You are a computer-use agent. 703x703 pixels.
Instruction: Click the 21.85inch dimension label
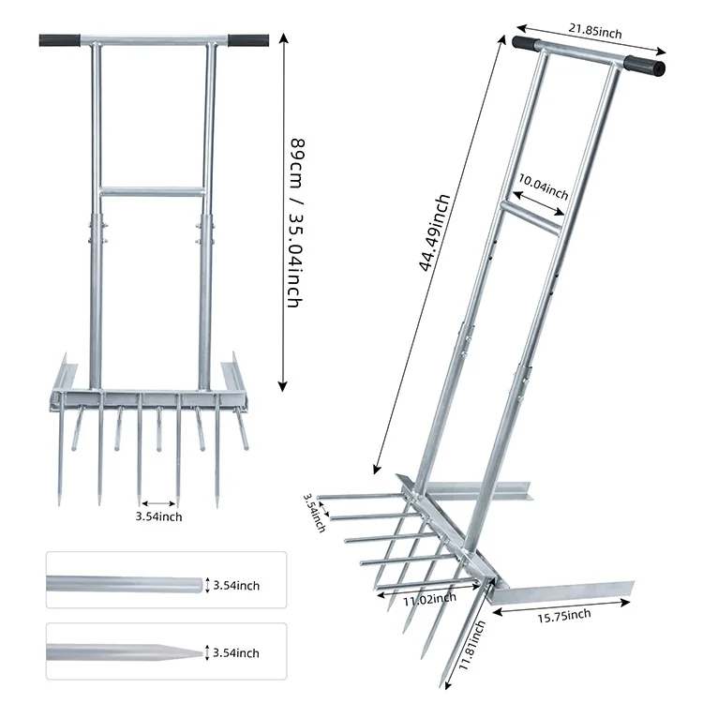(589, 31)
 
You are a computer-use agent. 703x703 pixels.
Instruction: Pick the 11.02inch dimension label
(431, 598)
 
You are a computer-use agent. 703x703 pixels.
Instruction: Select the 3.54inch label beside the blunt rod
(236, 586)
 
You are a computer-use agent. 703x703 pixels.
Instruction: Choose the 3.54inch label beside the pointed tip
(236, 653)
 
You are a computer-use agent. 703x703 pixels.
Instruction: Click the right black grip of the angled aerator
(645, 66)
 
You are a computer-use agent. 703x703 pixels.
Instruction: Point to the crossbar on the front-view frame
(151, 192)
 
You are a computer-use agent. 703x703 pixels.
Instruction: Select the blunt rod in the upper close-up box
(122, 585)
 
